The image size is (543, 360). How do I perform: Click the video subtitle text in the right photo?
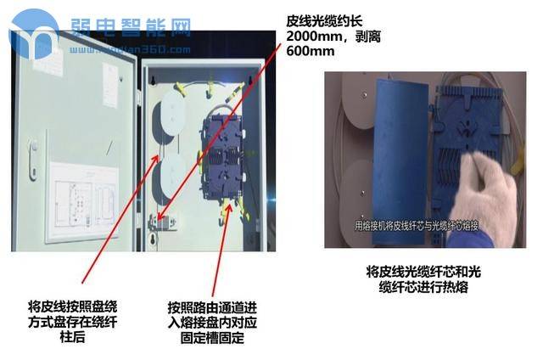pos(417,226)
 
